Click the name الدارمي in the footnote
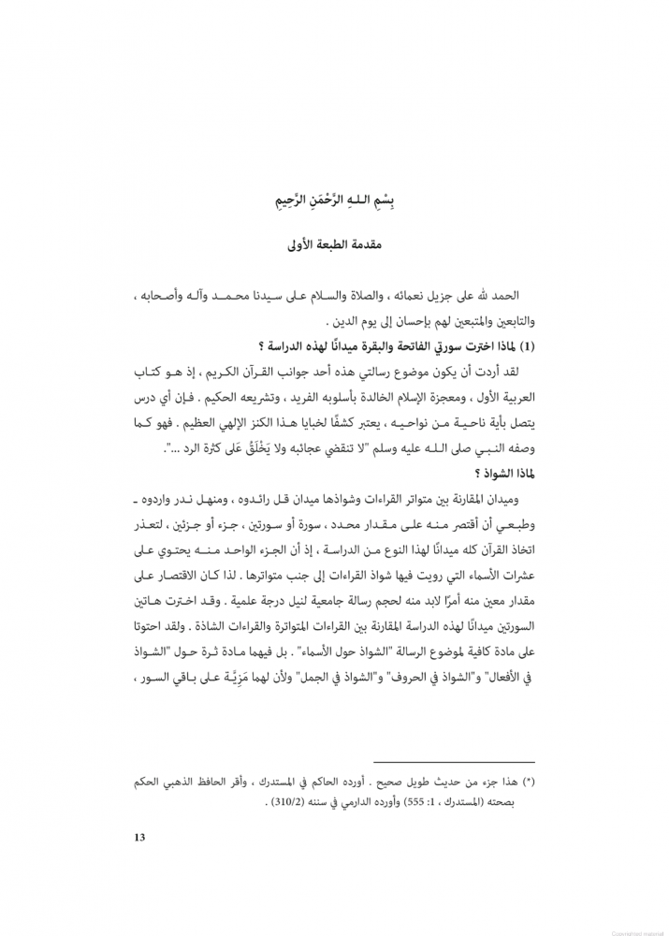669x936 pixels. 334,803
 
